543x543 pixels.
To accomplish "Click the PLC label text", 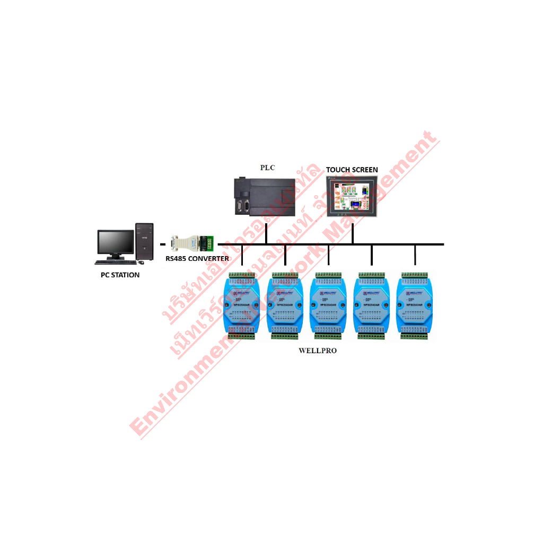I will (267, 168).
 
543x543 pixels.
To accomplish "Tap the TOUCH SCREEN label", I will (352, 170).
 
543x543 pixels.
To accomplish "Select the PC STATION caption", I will (120, 275).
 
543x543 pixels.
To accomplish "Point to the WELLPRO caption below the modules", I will (318, 351).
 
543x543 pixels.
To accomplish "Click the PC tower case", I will (144, 242).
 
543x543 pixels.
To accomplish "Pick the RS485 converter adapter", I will (193, 243).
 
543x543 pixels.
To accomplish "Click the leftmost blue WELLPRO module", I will (241, 305).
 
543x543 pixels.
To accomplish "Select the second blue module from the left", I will (285, 305).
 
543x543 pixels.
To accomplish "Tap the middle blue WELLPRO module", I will (328, 305).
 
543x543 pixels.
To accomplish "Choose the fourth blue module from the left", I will (372, 305).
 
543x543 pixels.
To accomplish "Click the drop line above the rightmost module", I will (415, 255).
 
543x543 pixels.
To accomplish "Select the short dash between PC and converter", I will (163, 244).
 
